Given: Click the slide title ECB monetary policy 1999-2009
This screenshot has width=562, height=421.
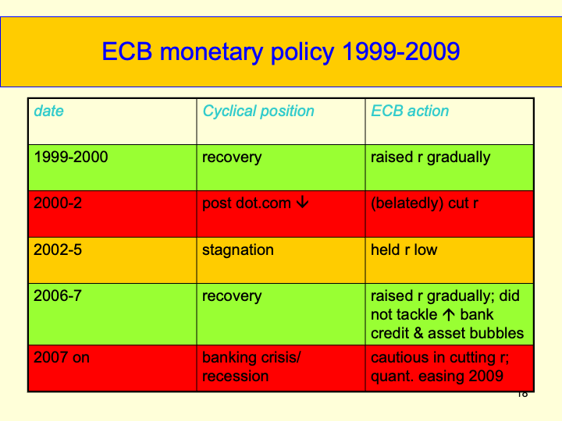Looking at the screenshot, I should pos(280,52).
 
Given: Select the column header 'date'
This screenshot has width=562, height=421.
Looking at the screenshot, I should pos(48,111).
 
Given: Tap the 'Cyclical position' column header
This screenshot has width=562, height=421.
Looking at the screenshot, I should pos(258,111).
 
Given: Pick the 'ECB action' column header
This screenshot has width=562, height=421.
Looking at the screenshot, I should pos(410,111).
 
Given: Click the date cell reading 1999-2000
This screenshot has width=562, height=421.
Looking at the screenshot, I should pos(71,157).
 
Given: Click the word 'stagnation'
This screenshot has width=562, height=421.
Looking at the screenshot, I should pos(238,250).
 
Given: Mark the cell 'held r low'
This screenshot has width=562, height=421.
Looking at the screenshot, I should pos(404,250).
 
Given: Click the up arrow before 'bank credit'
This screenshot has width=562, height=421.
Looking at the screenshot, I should pos(450,316).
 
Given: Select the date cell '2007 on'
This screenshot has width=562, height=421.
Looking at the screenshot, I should pos(62,359).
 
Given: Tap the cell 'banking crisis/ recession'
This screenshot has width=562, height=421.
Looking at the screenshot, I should pos(251,367).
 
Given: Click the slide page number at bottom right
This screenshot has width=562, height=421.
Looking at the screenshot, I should pos(522,394).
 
